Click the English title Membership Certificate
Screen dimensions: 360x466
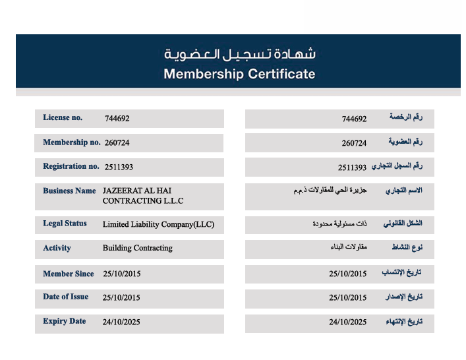tap(239, 74)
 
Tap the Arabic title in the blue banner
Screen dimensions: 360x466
tap(239, 53)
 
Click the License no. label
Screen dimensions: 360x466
tap(63, 118)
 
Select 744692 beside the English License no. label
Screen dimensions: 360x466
tap(117, 119)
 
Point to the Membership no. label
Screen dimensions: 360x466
tap(72, 142)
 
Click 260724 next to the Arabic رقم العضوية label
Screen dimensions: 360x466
tap(354, 143)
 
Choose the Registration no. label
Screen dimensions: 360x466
tap(71, 166)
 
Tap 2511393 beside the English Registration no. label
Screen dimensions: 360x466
tap(119, 167)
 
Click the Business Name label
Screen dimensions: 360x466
tap(69, 191)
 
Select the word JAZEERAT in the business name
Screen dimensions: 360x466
tap(121, 191)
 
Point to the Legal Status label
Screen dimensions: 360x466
tap(65, 224)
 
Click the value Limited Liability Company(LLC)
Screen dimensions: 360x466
tap(158, 224)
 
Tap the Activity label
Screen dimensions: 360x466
tap(57, 248)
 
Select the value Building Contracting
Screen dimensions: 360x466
tap(137, 248)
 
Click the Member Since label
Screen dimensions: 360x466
tap(68, 274)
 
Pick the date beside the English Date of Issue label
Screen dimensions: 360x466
tap(122, 297)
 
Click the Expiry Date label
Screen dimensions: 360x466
tap(64, 321)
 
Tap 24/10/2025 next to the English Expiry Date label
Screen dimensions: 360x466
tap(121, 322)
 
